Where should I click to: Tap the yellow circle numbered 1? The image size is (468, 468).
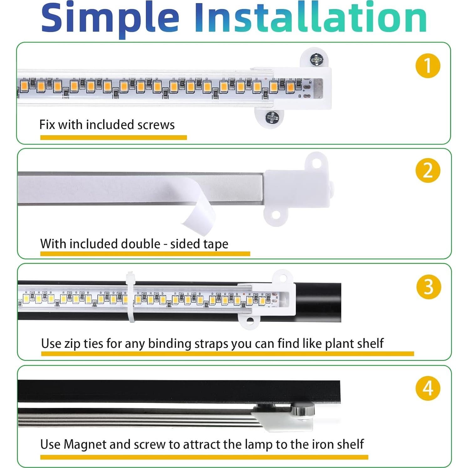(428, 66)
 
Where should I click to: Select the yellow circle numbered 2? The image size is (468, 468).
(428, 171)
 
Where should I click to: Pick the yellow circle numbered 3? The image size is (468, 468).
(429, 287)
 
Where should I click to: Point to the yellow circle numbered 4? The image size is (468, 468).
(428, 388)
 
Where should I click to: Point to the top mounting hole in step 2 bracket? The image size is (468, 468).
(317, 163)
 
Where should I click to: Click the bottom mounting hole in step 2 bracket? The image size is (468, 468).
(275, 215)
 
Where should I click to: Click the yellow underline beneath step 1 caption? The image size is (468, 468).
(114, 137)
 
